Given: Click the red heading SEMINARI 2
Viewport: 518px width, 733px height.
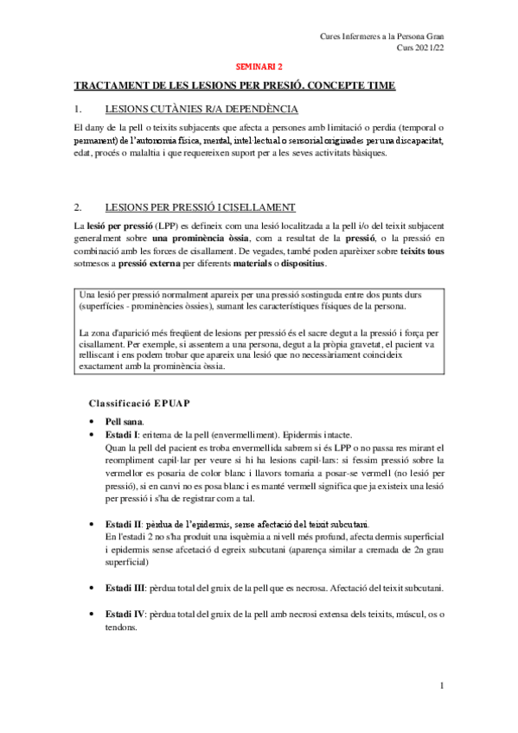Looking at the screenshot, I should click(259, 65).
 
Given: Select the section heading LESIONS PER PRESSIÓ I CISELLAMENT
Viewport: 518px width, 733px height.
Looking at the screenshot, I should click(200, 207).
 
